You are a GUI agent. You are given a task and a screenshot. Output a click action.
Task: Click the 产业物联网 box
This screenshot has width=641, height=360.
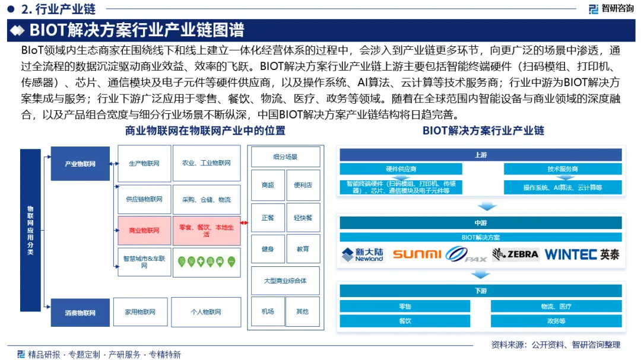(80, 163)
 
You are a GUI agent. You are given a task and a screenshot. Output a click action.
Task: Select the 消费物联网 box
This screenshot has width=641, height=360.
(80, 312)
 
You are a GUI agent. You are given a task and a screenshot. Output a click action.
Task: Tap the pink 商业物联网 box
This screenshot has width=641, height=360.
(144, 230)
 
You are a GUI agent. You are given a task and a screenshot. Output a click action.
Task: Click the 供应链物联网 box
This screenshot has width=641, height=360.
(144, 199)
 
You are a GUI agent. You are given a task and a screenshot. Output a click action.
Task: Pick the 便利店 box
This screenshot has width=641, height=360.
(303, 185)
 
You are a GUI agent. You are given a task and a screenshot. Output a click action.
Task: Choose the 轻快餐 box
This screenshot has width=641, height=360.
(303, 218)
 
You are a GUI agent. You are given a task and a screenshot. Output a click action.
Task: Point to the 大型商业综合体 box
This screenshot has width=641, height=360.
(285, 281)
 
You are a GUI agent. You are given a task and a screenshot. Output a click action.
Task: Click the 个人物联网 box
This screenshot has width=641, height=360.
(206, 312)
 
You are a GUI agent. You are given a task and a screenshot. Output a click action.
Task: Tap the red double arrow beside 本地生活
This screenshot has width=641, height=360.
(245, 223)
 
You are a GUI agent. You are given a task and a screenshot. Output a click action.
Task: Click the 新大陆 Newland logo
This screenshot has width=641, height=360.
(363, 254)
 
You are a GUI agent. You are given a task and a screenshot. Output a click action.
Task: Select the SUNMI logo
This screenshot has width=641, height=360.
(417, 254)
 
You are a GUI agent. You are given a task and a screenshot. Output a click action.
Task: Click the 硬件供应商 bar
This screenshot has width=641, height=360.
(401, 169)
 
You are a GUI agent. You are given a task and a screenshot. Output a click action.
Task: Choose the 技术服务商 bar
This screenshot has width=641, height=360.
(563, 169)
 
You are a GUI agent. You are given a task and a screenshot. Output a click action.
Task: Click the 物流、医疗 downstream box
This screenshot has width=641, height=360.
(556, 307)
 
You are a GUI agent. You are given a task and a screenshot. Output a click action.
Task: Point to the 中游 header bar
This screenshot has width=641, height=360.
(481, 223)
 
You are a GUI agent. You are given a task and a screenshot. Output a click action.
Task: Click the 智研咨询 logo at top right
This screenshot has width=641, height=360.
(611, 8)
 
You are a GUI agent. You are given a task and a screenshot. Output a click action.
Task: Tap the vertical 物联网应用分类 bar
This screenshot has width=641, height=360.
(30, 230)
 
